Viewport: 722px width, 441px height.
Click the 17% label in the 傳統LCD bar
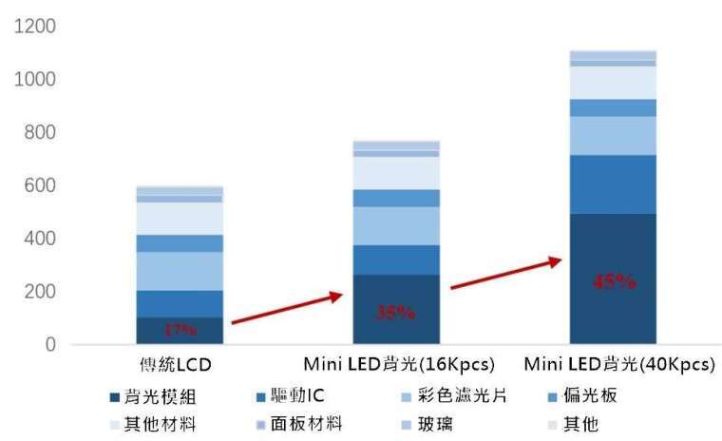pyautogui.click(x=180, y=330)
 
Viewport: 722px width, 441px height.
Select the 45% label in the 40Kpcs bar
pyautogui.click(x=613, y=280)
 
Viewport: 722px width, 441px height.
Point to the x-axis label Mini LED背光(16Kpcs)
pyautogui.click(x=396, y=365)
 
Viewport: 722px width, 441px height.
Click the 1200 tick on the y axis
pyautogui.click(x=35, y=26)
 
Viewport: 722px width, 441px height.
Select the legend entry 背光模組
pyautogui.click(x=156, y=396)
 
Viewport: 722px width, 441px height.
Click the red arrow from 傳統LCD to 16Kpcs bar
pyautogui.click(x=286, y=310)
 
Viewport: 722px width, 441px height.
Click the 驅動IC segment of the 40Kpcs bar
pyautogui.click(x=613, y=183)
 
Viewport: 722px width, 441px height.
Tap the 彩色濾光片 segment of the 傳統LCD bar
pyautogui.click(x=180, y=271)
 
